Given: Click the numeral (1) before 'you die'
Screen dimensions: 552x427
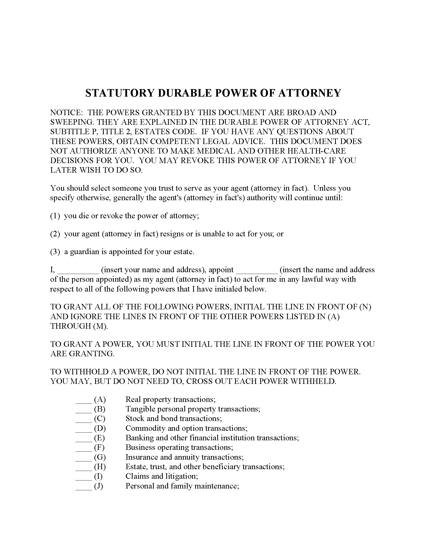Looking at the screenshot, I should click(55, 216).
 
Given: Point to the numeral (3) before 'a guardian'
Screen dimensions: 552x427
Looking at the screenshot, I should click(55, 252).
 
